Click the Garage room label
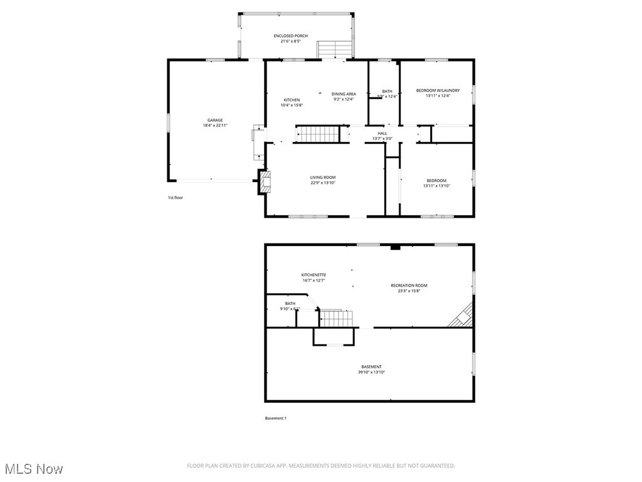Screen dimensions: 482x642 click(215, 120)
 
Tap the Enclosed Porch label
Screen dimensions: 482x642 click(290, 36)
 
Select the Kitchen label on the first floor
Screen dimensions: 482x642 click(292, 100)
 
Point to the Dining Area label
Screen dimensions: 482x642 click(344, 94)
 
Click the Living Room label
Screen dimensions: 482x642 click(323, 178)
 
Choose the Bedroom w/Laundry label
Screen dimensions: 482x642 click(438, 90)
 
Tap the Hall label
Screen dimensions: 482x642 click(382, 133)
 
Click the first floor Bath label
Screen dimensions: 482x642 click(387, 92)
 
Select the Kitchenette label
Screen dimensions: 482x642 click(313, 275)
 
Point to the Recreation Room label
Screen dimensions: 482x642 click(409, 286)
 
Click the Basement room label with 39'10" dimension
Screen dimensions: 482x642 click(371, 367)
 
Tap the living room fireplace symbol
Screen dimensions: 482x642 click(264, 182)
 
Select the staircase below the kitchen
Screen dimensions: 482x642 click(318, 134)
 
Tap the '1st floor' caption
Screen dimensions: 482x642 click(175, 198)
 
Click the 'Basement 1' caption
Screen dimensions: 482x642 click(276, 418)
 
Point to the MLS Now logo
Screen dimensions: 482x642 click(33, 469)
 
